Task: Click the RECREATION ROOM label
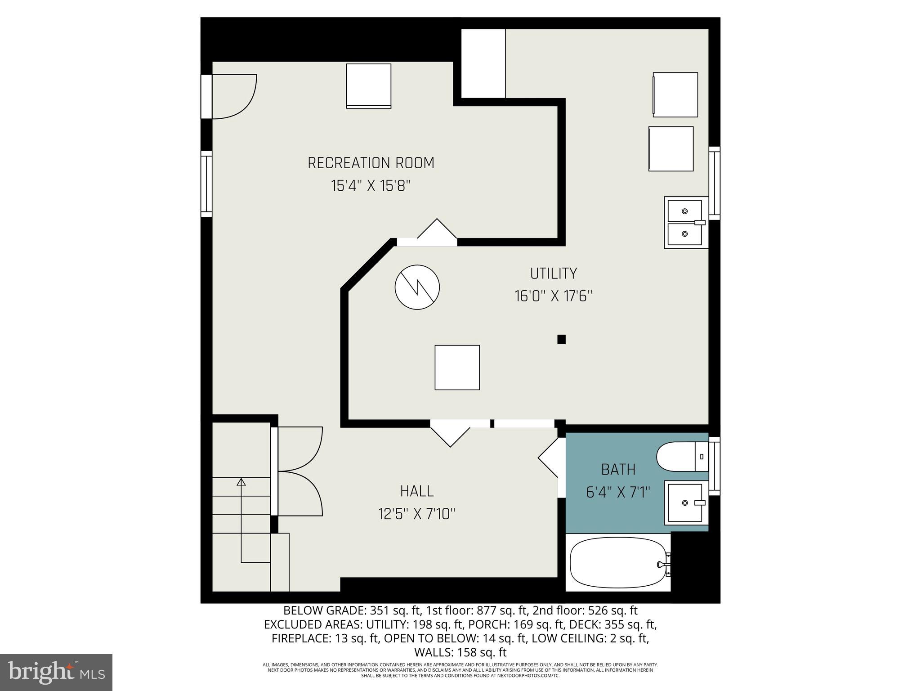click(371, 163)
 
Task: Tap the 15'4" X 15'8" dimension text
click(371, 186)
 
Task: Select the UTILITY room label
click(553, 274)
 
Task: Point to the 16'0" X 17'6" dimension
click(553, 296)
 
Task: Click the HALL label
click(417, 491)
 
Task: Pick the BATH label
click(618, 470)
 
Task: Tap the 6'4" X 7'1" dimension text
click(618, 493)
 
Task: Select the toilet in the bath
click(681, 457)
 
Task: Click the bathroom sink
click(685, 503)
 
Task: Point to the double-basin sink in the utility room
click(685, 223)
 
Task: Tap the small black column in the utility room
click(561, 339)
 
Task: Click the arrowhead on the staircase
click(241, 482)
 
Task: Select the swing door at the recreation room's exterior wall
click(234, 97)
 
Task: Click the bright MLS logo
click(56, 673)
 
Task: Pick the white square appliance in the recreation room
click(368, 86)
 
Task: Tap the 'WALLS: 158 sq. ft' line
click(460, 652)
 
